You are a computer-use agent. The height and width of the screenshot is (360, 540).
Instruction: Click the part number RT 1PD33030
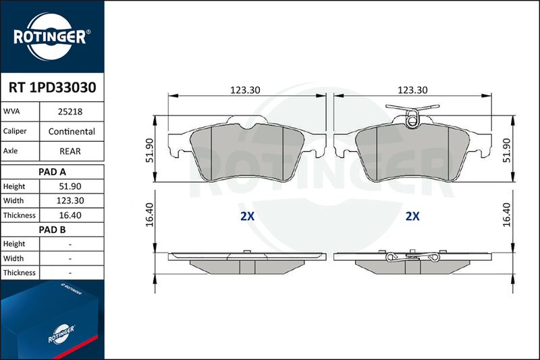click(53, 88)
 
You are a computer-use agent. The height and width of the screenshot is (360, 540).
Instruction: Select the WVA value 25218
click(70, 111)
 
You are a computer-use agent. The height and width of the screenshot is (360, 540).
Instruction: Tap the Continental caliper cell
click(72, 131)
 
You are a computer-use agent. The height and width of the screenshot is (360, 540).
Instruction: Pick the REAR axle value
click(70, 151)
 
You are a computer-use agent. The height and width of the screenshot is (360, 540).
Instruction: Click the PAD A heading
click(53, 172)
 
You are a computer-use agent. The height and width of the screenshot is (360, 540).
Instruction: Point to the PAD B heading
click(53, 230)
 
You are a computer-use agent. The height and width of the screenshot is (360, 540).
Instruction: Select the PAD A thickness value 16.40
click(70, 215)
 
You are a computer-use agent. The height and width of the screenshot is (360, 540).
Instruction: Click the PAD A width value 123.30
click(70, 201)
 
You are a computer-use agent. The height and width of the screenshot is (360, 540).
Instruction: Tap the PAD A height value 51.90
click(70, 186)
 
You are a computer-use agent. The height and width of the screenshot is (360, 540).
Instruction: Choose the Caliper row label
click(15, 131)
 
